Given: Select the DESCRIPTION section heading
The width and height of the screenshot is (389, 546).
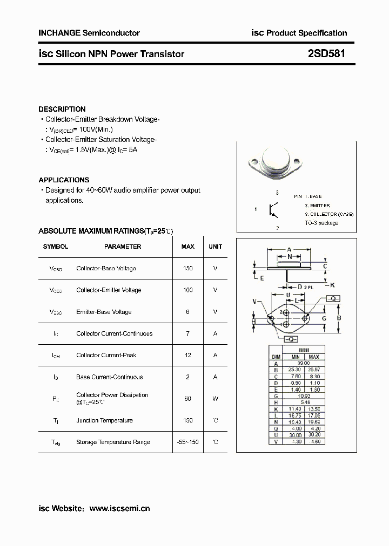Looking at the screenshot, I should (62, 109).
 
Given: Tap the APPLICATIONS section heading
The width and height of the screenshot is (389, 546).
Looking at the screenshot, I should (64, 180).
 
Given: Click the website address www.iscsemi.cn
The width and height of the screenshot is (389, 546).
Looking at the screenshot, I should (119, 508).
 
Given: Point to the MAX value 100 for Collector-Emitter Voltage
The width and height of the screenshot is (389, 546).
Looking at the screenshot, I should (187, 290).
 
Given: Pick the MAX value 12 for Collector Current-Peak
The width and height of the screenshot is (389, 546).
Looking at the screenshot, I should (187, 356).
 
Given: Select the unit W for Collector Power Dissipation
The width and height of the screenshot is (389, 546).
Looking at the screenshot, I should (215, 399).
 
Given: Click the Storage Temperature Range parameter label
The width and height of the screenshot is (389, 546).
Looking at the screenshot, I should (113, 442).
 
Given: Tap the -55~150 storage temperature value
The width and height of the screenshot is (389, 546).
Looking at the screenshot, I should (187, 442).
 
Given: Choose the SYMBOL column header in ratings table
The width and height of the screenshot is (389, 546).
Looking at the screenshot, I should (56, 247).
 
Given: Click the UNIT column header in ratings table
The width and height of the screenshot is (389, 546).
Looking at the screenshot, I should (215, 247).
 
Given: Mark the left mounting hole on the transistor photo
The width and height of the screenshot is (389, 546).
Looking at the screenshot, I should (252, 161).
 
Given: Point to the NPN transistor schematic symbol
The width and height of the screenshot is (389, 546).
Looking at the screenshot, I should (274, 209).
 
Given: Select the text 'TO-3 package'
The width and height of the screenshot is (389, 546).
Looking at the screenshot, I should (321, 223).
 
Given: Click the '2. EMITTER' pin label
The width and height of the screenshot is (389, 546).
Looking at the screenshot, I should (317, 206).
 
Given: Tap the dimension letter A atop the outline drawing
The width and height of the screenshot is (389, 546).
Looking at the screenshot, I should (290, 250).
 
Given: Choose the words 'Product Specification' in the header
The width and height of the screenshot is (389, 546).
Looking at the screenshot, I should (307, 33).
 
